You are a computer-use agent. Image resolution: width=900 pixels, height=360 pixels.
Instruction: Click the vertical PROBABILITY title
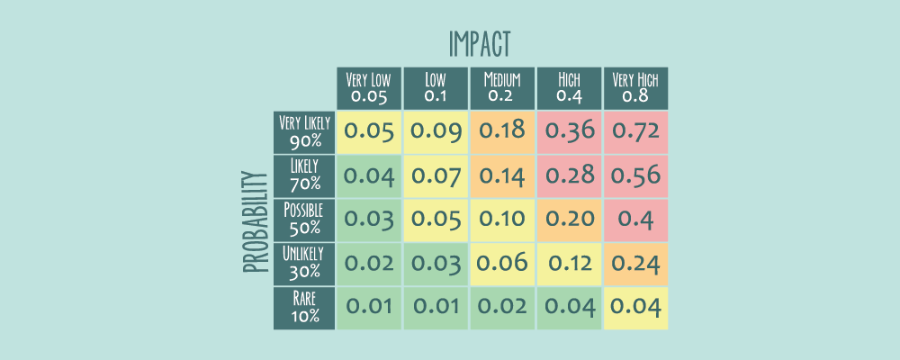coord(256,220)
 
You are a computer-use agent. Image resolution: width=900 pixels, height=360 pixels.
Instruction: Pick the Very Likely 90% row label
coord(304,131)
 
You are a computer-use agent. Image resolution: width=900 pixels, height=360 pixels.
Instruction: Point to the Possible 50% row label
coord(304,219)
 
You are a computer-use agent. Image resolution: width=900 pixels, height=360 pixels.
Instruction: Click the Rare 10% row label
coord(304,307)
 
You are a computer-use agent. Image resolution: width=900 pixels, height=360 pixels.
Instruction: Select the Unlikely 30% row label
coord(304,263)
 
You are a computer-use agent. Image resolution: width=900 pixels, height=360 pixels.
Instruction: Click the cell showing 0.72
coord(635,131)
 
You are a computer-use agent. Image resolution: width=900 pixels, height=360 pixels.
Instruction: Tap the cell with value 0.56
coord(635,175)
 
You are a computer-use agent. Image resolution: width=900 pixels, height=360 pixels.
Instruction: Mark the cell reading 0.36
coord(569,131)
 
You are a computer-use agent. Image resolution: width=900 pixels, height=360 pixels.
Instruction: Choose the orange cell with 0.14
coord(502,175)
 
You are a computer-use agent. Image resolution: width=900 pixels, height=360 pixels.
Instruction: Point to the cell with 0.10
coord(502,219)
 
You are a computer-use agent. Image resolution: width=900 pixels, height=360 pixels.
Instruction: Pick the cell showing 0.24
coord(635,263)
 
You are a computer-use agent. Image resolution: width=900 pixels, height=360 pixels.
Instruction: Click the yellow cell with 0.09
coord(436,131)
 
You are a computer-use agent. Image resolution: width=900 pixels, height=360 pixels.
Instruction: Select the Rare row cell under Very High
coord(635,307)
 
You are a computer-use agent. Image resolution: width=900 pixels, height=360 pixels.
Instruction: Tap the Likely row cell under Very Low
coord(368,175)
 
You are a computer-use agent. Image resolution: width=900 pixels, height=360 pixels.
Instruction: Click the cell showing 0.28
coord(569,175)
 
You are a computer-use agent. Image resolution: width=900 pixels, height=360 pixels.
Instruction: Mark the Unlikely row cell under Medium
coord(502,263)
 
